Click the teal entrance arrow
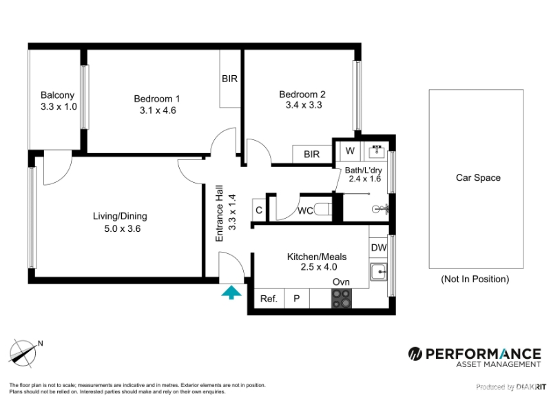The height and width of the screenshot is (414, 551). coord(231,293)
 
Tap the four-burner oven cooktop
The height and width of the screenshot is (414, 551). coord(341,299)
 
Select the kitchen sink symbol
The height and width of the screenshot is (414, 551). coord(378,272)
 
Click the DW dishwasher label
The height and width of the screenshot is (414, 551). coord(378,248)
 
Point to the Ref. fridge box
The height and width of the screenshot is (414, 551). coord(269,299)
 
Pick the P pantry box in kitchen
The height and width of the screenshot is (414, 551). coord(297,299)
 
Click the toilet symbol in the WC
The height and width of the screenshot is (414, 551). coord(322,210)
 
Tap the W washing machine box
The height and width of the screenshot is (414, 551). coord(350,151)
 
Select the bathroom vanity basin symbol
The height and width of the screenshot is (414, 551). coord(377,151)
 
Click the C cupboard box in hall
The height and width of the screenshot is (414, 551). coord(259,210)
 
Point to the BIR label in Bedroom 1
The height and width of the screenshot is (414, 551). coord(229,79)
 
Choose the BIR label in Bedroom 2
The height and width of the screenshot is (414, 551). coord(312,154)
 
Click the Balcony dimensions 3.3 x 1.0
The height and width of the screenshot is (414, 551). coord(59,106)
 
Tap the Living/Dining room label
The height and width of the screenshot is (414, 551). coord(120,216)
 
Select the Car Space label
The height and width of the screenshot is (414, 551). coord(478,178)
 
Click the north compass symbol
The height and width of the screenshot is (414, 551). coord(23,353)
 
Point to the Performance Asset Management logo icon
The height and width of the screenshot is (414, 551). coord(415,353)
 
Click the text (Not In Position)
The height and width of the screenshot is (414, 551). coord(475,279)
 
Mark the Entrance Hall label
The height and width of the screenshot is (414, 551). coord(219,213)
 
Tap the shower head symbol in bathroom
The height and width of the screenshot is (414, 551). coord(381,210)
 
